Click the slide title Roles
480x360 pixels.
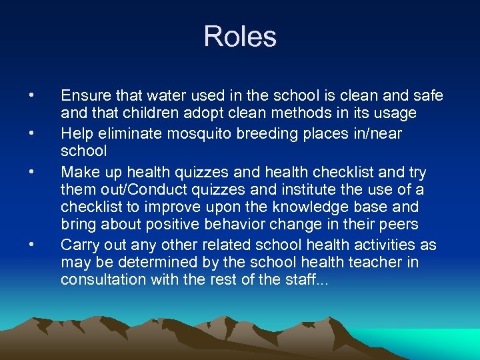pyautogui.click(x=240, y=36)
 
